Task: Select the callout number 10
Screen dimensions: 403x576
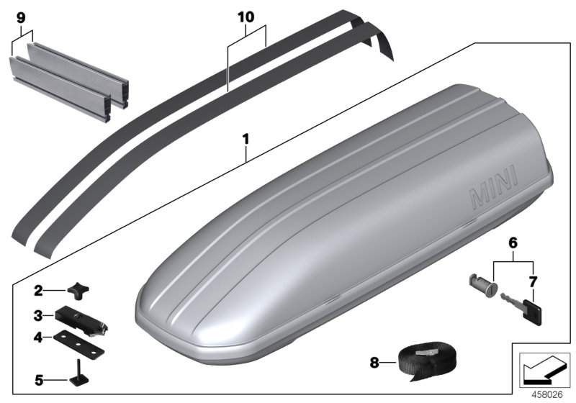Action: pyautogui.click(x=246, y=15)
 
